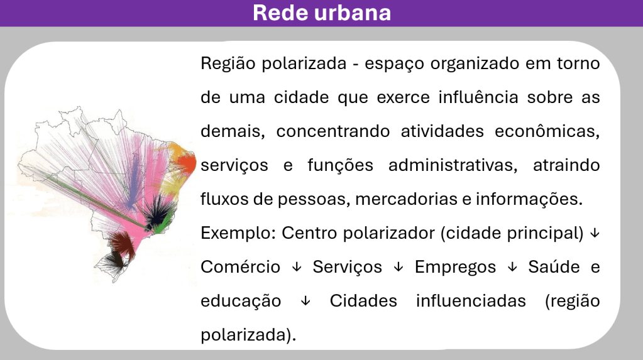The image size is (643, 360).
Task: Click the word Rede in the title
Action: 282,13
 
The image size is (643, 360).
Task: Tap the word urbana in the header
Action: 353,13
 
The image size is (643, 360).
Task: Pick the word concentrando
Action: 333,131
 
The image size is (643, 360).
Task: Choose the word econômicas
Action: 547,131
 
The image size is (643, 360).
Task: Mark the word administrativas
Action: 453,165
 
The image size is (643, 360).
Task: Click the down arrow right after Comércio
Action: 297,268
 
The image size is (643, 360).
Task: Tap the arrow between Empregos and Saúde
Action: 512,268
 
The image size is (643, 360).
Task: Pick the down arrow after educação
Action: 305,302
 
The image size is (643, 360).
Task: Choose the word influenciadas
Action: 471,301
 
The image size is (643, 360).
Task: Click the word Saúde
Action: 554,267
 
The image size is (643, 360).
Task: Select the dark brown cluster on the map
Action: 122,244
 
